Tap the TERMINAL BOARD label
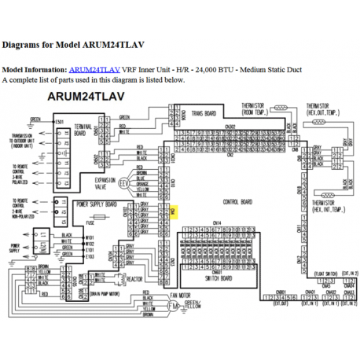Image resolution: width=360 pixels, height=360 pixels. [84, 130]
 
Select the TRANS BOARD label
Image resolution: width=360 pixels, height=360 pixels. [208, 113]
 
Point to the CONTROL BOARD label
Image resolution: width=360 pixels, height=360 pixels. [233, 202]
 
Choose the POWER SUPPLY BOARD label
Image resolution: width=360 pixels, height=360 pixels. [99, 204]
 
